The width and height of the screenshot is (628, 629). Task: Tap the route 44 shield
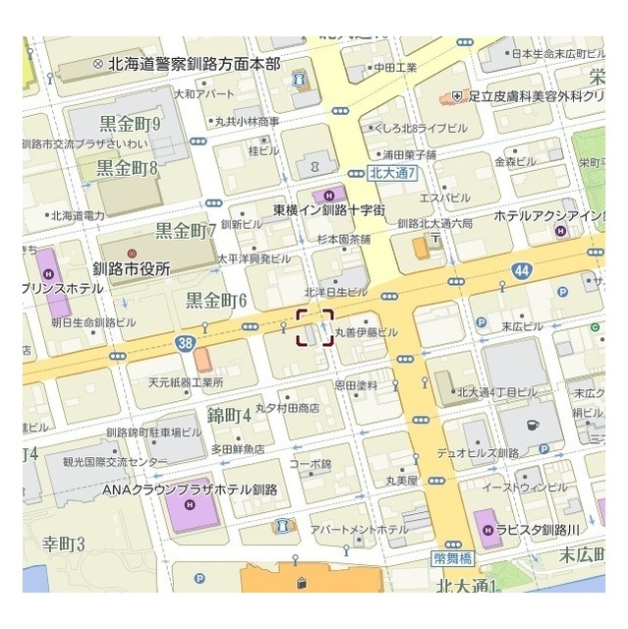point(521,270)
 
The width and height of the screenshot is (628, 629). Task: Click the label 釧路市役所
point(131,267)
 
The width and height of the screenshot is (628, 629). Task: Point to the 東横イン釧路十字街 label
point(329,210)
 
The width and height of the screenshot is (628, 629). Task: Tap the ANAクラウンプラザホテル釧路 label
point(191,489)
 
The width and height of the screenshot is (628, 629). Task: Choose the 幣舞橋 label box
point(453,557)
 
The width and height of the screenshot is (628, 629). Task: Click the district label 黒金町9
point(130,124)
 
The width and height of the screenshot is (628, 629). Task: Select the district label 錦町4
point(229,415)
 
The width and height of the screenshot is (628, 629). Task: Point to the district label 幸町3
point(64,543)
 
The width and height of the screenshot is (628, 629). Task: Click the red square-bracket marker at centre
point(314,328)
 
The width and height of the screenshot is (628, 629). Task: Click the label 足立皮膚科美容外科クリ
point(535,97)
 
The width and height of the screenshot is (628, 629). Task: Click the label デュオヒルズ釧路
point(479,453)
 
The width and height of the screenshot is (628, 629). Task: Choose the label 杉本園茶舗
point(343,239)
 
